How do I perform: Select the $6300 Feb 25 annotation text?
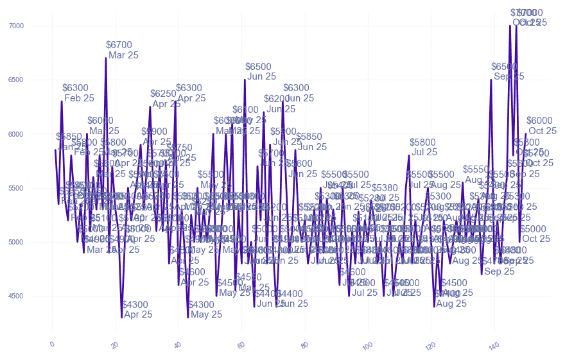pyautogui.click(x=78, y=93)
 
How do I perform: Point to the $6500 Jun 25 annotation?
pyautogui.click(x=261, y=71)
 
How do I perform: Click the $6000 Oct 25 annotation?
pyautogui.click(x=541, y=125)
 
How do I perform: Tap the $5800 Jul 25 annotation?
pyautogui.click(x=424, y=147)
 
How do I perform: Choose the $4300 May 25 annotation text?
pyautogui.click(x=206, y=309)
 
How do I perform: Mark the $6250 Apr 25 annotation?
pyautogui.click(x=166, y=99)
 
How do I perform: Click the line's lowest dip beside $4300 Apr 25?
pyautogui.click(x=121, y=317)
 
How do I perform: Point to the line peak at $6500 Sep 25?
pyautogui.click(x=491, y=80)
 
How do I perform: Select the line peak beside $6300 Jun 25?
pyautogui.click(x=282, y=101)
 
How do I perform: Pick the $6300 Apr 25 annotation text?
pyautogui.click(x=191, y=93)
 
